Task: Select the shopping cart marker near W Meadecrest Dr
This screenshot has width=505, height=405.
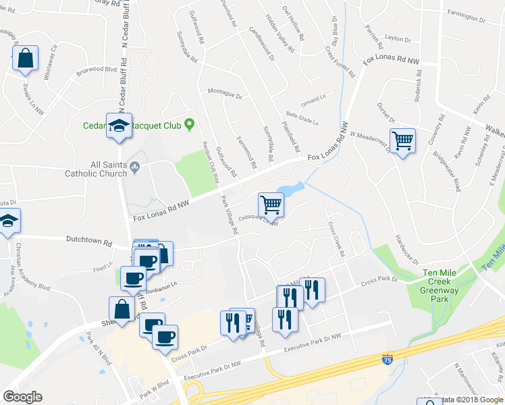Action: click(402, 141)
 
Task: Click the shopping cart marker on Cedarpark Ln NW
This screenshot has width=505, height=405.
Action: click(271, 205)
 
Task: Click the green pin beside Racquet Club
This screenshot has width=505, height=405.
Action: click(190, 124)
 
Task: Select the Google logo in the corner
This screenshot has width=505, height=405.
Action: click(22, 397)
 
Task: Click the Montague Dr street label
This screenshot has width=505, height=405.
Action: click(225, 91)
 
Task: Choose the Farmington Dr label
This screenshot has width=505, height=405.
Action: click(467, 12)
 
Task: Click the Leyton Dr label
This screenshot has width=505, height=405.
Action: click(397, 40)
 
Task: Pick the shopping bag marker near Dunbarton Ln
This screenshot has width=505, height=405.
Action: click(123, 309)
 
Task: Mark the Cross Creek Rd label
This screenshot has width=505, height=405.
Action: click(336, 240)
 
